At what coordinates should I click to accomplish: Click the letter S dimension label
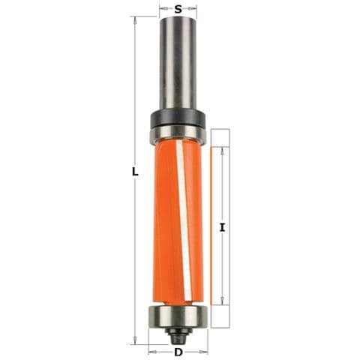pyautogui.click(x=178, y=10)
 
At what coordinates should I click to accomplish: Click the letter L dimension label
pyautogui.click(x=135, y=172)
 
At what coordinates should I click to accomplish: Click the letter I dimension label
pyautogui.click(x=222, y=227)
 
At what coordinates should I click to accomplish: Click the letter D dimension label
pyautogui.click(x=178, y=352)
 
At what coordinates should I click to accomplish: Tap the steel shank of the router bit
pyautogui.click(x=178, y=64)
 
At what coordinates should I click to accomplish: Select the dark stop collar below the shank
pyautogui.click(x=178, y=118)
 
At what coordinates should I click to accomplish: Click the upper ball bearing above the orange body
pyautogui.click(x=178, y=133)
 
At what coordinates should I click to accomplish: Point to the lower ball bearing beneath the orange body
pyautogui.click(x=178, y=316)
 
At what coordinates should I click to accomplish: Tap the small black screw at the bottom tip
pyautogui.click(x=178, y=335)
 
